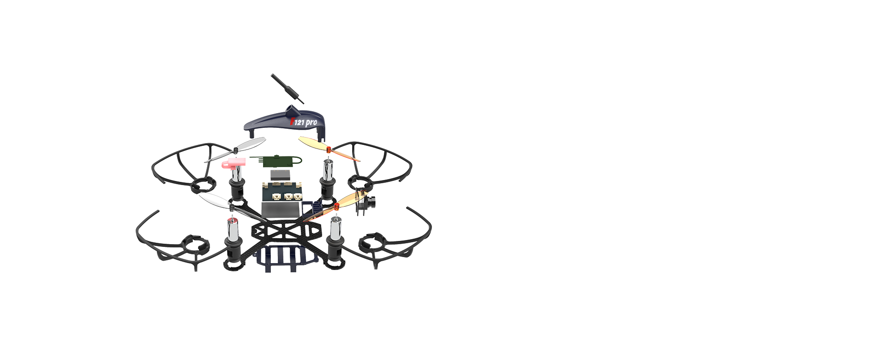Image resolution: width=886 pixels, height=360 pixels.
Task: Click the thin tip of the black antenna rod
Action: pyautogui.click(x=303, y=103)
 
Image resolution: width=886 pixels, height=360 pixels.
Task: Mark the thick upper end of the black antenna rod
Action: pyautogui.click(x=273, y=75)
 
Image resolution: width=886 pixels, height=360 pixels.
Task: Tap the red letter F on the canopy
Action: pyautogui.click(x=292, y=121)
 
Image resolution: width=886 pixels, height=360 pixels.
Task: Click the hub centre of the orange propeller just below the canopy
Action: pyautogui.click(x=329, y=149)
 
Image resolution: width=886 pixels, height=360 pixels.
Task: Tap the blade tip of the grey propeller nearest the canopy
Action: pyautogui.click(x=264, y=138)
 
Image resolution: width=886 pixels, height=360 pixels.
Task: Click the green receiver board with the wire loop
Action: pyautogui.click(x=275, y=160)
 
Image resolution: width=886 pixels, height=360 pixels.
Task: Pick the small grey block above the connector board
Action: pyautogui.click(x=281, y=175)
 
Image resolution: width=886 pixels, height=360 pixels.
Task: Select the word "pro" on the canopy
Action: pyautogui.click(x=311, y=123)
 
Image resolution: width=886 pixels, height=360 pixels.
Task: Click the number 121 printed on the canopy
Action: pyautogui.click(x=299, y=122)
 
